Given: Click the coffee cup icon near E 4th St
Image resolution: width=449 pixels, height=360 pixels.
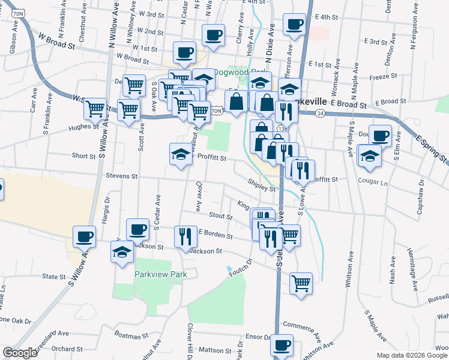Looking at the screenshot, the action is point(294,25).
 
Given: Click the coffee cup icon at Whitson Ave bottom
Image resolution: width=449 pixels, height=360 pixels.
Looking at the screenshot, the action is point(282,346).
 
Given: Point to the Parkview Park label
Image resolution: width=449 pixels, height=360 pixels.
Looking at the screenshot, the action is point(161,275).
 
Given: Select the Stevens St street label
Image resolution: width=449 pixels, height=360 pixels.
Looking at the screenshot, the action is point(122,177).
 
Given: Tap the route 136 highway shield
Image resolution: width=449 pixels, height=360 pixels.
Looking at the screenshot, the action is point(284,128).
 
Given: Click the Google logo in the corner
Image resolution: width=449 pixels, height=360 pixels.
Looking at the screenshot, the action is point(20,353).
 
